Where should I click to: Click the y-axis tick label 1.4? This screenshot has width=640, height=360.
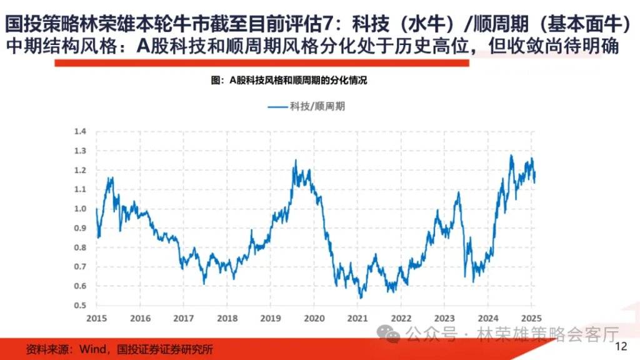pos(79,131)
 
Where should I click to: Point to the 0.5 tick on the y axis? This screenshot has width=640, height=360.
pos(79,306)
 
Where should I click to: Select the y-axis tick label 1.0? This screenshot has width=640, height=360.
pos(79,209)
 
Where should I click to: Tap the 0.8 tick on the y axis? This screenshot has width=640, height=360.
pos(79,247)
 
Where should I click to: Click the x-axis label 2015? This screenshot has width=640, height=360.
pos(97,317)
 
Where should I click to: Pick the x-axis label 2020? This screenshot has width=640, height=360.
pos(314,317)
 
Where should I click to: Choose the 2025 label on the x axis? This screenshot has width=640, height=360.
pos(531,317)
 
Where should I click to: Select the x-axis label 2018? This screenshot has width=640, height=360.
pos(227,317)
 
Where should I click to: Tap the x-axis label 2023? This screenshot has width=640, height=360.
pos(444,317)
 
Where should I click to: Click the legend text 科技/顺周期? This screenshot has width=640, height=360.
pos(317,106)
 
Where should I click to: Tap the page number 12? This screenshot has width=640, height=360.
pos(621,347)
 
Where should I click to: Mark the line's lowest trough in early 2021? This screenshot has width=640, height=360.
pos(361,297)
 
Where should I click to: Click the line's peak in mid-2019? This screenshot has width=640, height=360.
pos(295,161)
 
